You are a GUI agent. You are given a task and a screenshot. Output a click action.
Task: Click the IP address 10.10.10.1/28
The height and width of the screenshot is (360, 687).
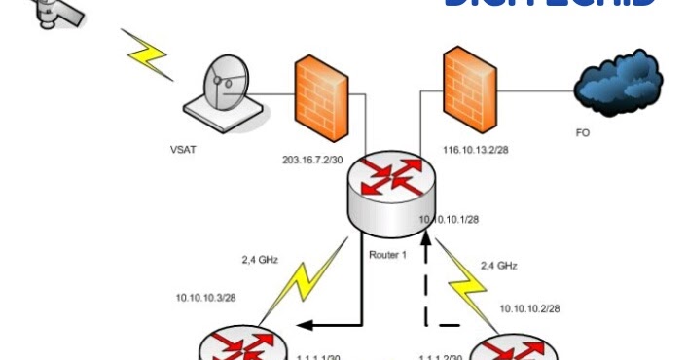coord(449,220)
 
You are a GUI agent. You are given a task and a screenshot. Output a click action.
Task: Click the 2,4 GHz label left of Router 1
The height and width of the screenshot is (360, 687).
coord(261,260)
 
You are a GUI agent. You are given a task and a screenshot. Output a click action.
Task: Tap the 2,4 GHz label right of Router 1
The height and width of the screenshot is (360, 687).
coord(500,264)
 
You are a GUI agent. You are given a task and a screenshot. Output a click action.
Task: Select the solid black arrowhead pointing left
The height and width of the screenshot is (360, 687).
coord(302,327)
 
